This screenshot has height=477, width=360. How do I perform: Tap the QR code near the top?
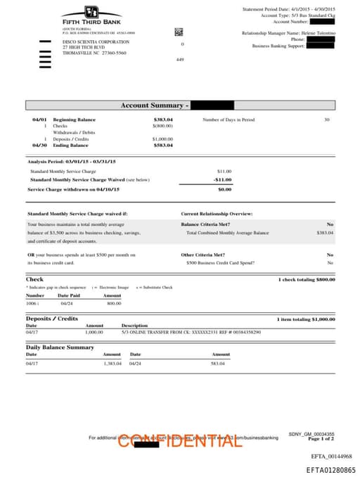click(x=179, y=32)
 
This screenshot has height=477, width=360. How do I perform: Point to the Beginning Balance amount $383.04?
click(x=163, y=120)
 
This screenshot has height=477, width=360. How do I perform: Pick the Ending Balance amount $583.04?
click(x=163, y=145)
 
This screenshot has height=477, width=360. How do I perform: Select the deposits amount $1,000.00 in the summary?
click(x=162, y=139)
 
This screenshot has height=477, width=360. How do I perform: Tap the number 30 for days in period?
click(x=326, y=120)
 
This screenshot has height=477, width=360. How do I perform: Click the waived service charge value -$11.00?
click(x=223, y=179)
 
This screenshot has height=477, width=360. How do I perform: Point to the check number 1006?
click(x=32, y=303)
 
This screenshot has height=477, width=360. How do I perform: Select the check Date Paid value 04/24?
click(x=66, y=303)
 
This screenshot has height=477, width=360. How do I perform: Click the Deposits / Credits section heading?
click(x=52, y=319)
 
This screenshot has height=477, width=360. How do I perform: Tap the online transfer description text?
click(x=191, y=331)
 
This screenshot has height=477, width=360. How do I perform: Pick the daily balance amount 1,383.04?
click(x=112, y=363)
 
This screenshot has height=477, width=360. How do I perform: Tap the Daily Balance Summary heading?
click(x=60, y=348)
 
